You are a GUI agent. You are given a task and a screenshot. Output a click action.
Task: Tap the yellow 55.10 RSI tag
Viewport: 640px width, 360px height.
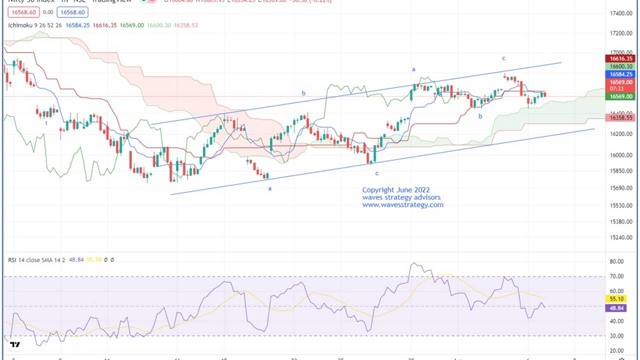tap(614, 299)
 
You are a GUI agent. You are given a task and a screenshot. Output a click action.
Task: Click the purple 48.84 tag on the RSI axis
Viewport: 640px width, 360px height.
tap(614, 308)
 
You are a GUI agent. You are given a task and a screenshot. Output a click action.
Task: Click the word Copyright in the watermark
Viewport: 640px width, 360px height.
tap(378, 190)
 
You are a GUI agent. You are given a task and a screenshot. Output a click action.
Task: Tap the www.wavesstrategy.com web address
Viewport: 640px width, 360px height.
tap(402, 204)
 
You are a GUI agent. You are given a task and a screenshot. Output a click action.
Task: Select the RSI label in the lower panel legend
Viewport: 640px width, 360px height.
tap(12, 260)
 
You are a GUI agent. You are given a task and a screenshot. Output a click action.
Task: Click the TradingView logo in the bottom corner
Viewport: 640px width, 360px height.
tap(15, 344)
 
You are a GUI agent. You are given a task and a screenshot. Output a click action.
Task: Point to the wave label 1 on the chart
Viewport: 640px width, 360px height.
tap(46, 123)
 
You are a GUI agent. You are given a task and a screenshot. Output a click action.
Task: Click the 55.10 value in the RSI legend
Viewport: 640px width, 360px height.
tap(94, 260)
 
